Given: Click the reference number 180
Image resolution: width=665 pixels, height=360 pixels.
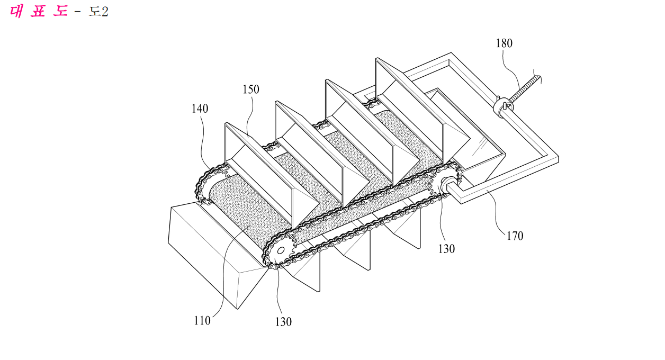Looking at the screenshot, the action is click(x=504, y=43).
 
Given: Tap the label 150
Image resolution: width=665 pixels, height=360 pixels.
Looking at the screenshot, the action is click(x=251, y=89).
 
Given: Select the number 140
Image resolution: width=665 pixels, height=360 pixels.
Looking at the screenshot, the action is click(x=200, y=109).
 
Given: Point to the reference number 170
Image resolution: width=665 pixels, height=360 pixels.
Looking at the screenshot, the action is click(x=515, y=236).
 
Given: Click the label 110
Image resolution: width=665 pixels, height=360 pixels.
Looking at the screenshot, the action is click(x=202, y=320).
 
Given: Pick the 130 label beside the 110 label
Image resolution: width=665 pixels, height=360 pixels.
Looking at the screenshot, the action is click(x=283, y=322).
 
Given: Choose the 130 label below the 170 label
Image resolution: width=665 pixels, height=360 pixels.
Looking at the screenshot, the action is click(x=446, y=249).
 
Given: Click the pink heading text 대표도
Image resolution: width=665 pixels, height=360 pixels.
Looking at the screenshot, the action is click(x=39, y=11).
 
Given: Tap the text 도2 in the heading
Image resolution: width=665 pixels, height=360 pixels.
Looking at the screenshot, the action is click(x=98, y=12).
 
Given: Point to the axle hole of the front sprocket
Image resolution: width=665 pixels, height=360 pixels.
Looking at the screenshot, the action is click(x=281, y=251).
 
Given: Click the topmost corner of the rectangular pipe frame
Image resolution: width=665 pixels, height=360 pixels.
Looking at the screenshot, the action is click(x=451, y=53).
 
